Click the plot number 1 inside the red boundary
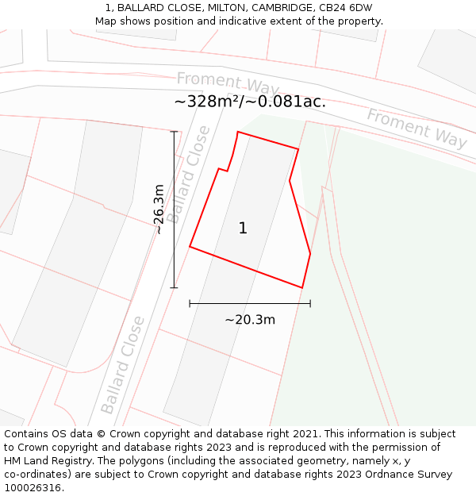click(x=243, y=229)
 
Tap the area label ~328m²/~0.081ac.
click(x=250, y=102)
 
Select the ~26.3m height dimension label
click(x=159, y=210)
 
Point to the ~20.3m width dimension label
click(x=250, y=320)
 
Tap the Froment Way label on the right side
click(x=416, y=128)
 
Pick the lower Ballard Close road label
click(x=123, y=365)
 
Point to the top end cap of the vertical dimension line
click(x=174, y=131)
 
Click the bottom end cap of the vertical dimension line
click(x=174, y=287)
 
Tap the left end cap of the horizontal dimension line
click(x=190, y=303)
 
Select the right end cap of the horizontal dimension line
click(x=310, y=303)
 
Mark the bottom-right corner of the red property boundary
click(x=302, y=287)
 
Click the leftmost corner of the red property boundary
click(x=190, y=247)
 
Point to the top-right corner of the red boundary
click(x=298, y=148)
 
